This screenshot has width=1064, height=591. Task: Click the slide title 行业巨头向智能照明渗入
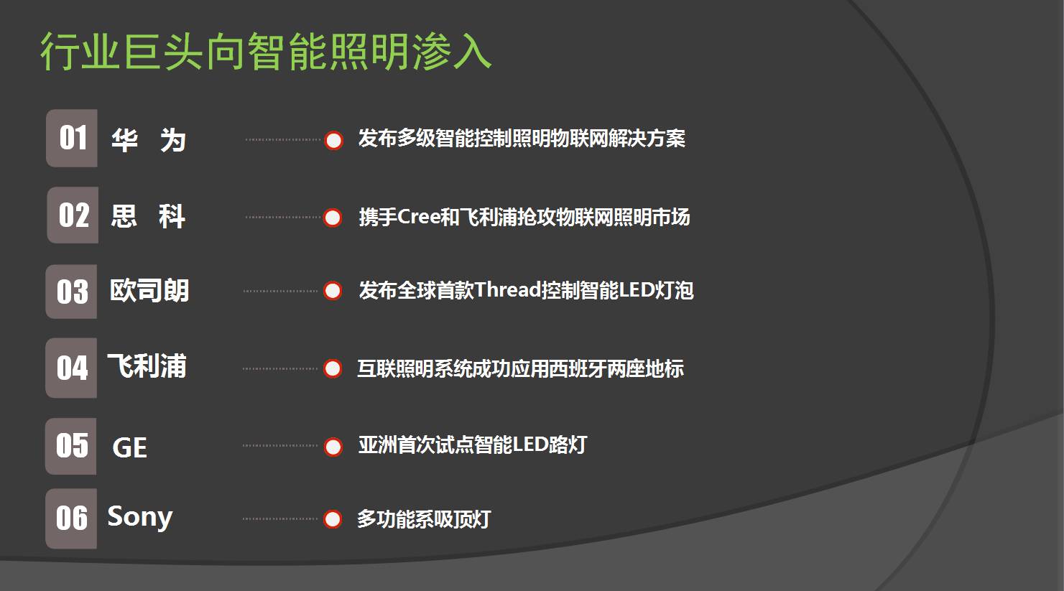point(266,51)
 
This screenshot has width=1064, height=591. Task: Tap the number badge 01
point(72,138)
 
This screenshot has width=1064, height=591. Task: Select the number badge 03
point(72,291)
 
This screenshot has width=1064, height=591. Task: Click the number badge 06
point(72,518)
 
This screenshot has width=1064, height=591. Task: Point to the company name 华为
point(149,140)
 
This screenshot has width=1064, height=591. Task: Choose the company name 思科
point(148,215)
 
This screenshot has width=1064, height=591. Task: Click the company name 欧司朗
point(149,291)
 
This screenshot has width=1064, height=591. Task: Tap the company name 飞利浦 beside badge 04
point(147,366)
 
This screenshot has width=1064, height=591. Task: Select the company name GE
point(130,447)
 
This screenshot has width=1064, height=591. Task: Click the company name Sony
point(139,517)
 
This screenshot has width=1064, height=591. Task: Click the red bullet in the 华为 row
point(333,140)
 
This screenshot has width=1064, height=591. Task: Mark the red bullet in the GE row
point(333,447)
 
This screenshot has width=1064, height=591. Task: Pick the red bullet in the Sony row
point(332,518)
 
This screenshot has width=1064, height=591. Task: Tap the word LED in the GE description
point(530,445)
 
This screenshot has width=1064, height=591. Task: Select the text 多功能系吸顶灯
point(424,518)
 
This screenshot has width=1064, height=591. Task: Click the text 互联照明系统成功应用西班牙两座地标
point(520,368)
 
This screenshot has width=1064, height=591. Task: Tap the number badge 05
point(72,446)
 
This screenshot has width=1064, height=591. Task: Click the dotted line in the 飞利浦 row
point(280,368)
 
